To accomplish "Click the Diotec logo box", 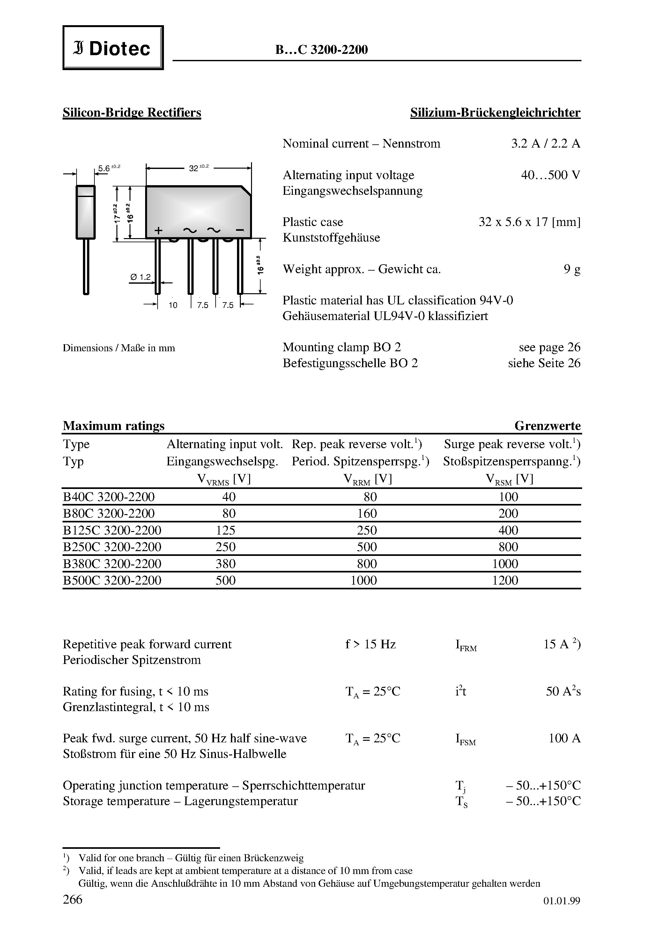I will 113,48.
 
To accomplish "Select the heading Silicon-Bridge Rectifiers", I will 132,113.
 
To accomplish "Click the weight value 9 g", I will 572,269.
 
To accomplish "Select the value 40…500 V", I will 551,175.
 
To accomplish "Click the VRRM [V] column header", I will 367,479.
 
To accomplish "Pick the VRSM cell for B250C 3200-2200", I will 508,547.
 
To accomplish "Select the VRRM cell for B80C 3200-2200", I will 367,513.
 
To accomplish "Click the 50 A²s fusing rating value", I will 563,691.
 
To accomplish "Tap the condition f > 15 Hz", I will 370,644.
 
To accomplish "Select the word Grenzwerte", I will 547,426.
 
